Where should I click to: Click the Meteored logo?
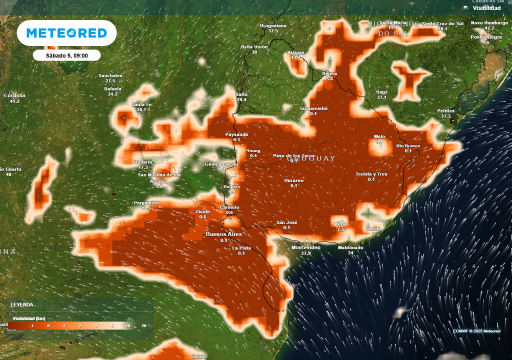pos(66,33)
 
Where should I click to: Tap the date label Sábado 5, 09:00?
pos(66,55)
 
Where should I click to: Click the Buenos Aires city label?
pos(223,234)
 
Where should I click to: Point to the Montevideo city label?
pos(305,247)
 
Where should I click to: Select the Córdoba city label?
pos(14,95)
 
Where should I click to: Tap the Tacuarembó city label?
pos(313,108)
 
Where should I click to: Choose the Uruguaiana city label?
pos(273,25)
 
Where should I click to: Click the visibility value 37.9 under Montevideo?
pos(305,253)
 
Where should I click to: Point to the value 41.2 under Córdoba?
pos(14,101)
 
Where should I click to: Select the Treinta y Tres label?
pos(371,173)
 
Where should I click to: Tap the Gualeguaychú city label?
pos(221,164)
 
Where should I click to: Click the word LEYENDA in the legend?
pos(22,304)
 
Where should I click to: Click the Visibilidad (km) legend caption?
pos(29,317)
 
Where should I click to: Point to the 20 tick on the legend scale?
pos(144,326)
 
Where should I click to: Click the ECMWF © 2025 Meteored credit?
pos(476,331)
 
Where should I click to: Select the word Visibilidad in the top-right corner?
pos(487,8)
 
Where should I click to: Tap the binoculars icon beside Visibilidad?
pos(465,7)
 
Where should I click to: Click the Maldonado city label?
pos(350,247)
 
